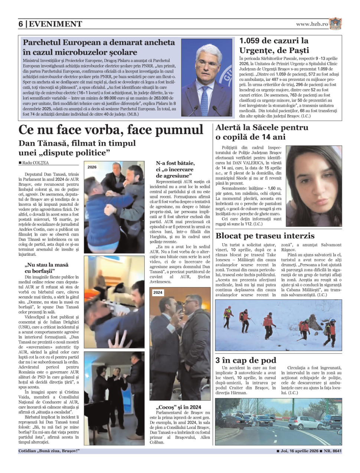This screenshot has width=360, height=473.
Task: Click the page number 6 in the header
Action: coord(21,24)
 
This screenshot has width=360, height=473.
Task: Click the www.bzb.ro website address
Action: coord(312,24)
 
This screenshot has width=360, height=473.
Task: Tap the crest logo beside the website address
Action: coord(336,24)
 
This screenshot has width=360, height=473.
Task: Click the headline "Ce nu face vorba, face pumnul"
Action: coord(111,130)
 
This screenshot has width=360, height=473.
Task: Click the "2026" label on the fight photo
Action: coord(92,167)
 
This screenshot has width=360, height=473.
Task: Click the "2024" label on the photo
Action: coord(158,292)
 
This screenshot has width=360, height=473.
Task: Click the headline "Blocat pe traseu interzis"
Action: coord(265,236)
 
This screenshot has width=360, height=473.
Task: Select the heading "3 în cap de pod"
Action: coord(246,360)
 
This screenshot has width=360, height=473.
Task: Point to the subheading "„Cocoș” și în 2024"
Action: coord(179,407)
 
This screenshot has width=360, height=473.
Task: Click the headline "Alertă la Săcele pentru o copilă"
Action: coord(262,132)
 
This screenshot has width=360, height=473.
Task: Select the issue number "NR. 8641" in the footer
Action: coord(333,451)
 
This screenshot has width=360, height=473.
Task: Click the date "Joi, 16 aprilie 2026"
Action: coord(299,451)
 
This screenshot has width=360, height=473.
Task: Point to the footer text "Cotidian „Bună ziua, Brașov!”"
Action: coord(49,451)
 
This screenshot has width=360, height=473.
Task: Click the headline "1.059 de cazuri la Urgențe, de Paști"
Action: coord(274,45)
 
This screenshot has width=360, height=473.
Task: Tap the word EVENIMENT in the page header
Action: coord(55,24)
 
